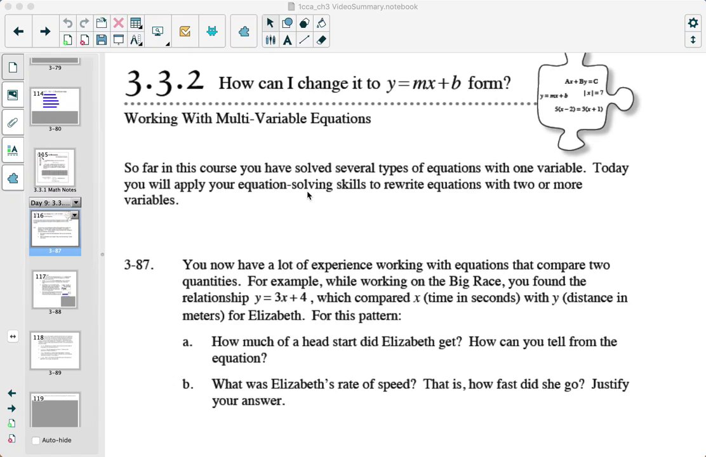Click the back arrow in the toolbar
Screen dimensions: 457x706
[x=18, y=31]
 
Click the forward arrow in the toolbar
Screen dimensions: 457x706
[x=45, y=31]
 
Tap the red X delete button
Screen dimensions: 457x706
[x=118, y=23]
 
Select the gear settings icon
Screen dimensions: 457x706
[x=693, y=23]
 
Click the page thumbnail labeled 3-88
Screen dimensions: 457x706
[x=55, y=290]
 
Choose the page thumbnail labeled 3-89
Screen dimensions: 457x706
[x=55, y=350]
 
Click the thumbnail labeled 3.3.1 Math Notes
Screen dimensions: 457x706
[x=55, y=168]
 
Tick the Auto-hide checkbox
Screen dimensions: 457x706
[x=36, y=440]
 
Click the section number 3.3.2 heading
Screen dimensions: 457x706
[x=164, y=83]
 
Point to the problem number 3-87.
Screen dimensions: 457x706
[x=138, y=265]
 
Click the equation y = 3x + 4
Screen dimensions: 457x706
[x=281, y=298]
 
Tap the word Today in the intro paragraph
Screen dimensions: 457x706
[x=611, y=168]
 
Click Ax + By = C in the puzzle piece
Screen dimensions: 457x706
[x=581, y=81]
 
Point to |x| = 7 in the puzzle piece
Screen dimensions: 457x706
[x=594, y=93]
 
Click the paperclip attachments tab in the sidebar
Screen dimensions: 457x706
[x=13, y=123]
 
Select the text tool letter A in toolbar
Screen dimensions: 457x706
[x=287, y=40]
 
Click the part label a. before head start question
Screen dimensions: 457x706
[x=187, y=342]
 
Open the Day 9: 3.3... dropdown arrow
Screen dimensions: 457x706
[x=76, y=202]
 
